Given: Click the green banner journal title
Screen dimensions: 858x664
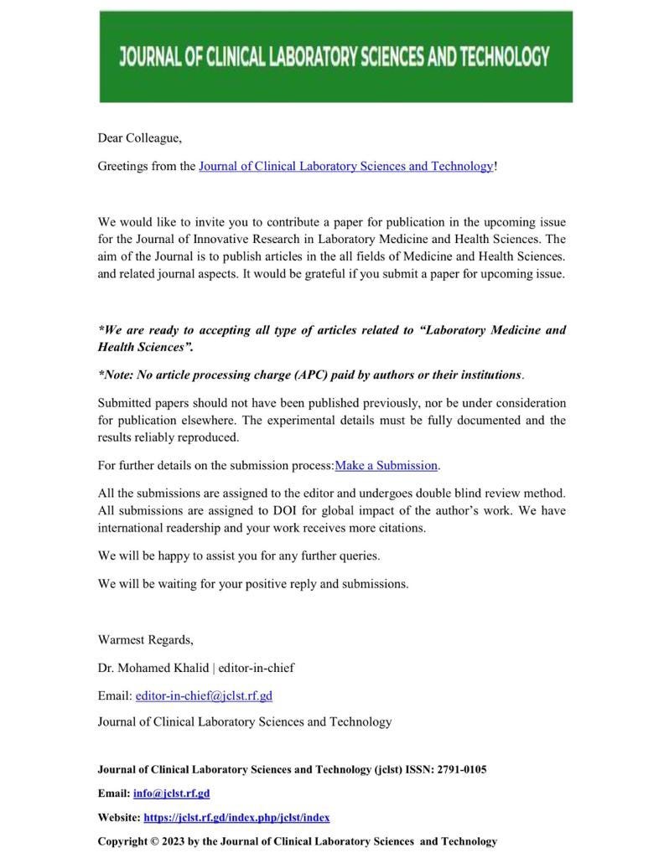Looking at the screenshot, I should (335, 57).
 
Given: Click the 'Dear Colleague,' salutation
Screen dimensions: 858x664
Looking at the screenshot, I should (139, 137).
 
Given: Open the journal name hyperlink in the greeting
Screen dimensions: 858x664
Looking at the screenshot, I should (345, 166).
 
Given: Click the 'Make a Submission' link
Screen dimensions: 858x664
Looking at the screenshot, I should (386, 465).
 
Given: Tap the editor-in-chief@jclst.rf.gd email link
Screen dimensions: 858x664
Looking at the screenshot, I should (204, 695).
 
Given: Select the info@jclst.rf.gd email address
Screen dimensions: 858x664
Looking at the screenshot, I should (171, 793).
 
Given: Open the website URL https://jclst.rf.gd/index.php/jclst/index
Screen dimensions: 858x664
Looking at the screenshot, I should (236, 817).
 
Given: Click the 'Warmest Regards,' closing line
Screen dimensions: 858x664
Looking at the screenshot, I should (145, 640).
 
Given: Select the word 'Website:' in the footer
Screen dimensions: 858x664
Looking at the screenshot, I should (118, 817).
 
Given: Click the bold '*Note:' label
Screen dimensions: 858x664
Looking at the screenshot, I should (117, 375).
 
